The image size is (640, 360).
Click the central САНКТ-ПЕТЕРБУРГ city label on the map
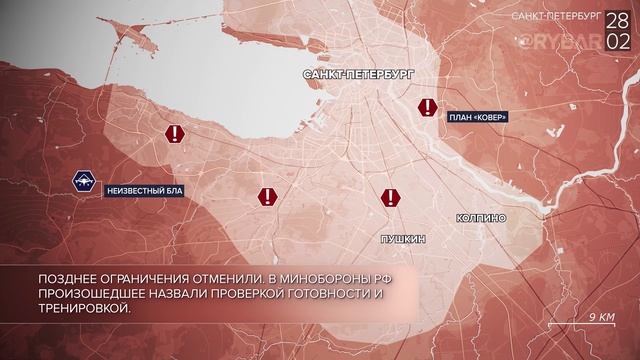(356, 76)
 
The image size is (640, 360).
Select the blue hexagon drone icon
(84, 182)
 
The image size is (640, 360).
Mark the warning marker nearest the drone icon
(176, 135)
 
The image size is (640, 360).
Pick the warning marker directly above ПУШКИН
(389, 197)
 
